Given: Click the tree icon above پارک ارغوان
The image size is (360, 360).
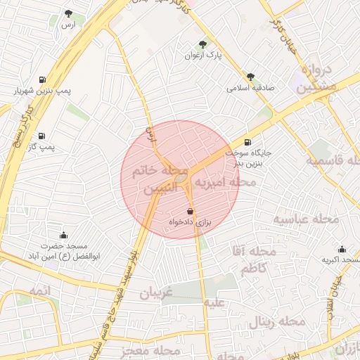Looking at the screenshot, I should click(204, 44).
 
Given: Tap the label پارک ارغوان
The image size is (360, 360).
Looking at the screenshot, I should click(203, 55).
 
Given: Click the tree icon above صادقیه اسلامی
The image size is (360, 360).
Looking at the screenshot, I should click(250, 77).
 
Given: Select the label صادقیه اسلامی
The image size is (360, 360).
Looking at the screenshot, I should click(250, 89).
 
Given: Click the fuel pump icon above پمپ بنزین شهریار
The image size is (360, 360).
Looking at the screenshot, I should click(42, 79).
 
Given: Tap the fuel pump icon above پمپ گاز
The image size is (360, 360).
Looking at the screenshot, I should click(41, 134).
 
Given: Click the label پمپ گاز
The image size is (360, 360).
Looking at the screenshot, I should click(41, 146).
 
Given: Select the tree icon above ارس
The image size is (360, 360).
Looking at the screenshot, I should click(68, 13).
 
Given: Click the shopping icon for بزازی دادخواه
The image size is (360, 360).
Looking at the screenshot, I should click(190, 210).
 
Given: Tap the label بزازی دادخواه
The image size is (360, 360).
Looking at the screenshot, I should click(189, 222).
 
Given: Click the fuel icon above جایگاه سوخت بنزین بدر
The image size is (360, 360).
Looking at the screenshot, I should click(246, 141).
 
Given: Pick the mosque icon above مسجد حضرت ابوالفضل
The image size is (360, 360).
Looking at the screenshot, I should click(63, 235).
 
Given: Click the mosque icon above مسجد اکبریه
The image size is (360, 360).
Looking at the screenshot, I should click(342, 249).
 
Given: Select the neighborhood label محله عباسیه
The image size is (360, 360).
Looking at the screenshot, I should click(306, 219).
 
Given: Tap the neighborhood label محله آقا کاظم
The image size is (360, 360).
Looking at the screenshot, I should click(257, 259).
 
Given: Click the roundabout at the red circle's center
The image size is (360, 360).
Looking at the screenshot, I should click(181, 179).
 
